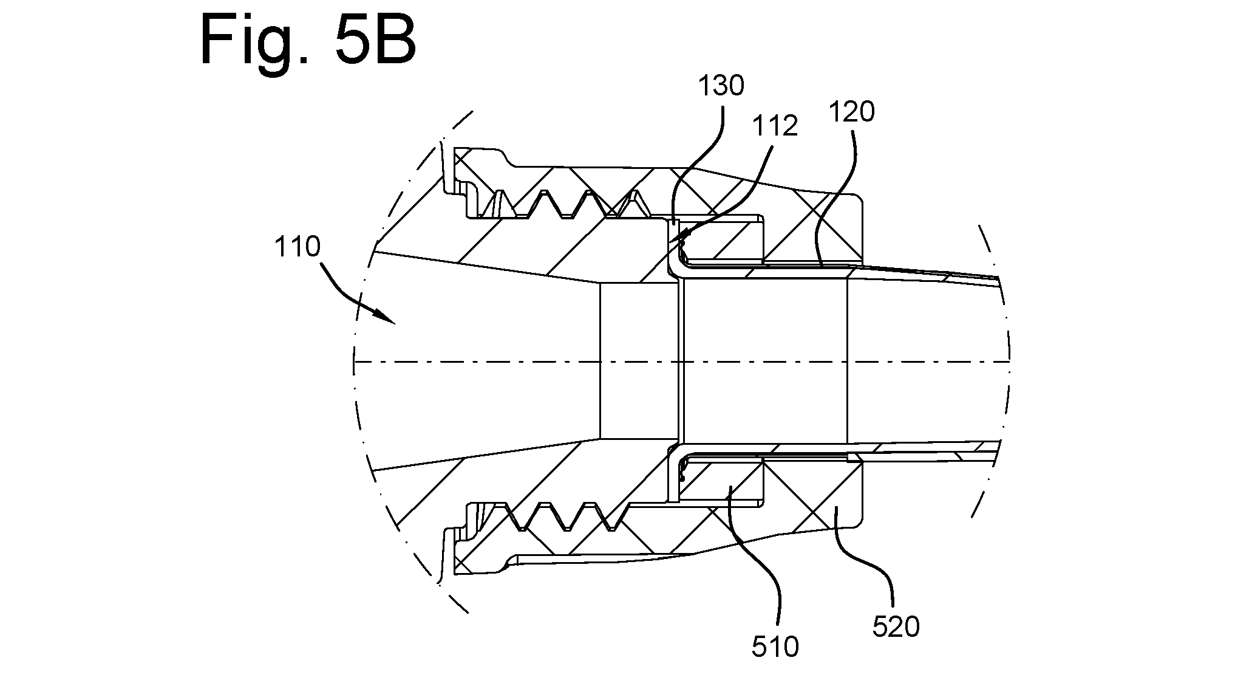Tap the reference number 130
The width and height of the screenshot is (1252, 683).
(x=721, y=86)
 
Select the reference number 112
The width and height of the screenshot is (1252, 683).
(x=775, y=126)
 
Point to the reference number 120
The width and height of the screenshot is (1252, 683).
(x=852, y=112)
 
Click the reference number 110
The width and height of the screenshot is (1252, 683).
(x=297, y=247)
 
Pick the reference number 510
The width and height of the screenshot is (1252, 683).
(x=775, y=647)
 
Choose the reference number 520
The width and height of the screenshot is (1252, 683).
(x=896, y=626)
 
